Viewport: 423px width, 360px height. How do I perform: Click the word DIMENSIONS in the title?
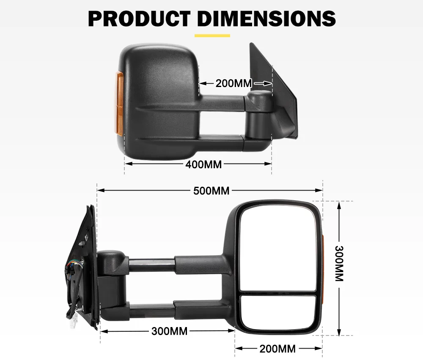click(x=266, y=18)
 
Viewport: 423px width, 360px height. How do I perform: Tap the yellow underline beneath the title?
click(x=212, y=35)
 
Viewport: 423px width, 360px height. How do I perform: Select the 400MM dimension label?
click(x=203, y=164)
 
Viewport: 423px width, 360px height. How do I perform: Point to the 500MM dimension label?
click(x=211, y=191)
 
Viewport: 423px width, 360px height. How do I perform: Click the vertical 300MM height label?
click(x=339, y=264)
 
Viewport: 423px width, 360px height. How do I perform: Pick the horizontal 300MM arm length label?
click(x=169, y=331)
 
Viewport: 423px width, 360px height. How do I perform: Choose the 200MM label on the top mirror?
click(x=233, y=83)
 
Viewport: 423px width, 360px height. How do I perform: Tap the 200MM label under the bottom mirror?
click(x=277, y=349)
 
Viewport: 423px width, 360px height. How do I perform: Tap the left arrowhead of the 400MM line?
click(x=126, y=164)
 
